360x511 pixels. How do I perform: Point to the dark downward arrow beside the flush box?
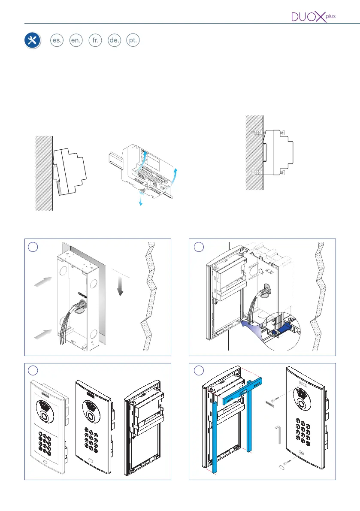[x=120, y=287]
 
